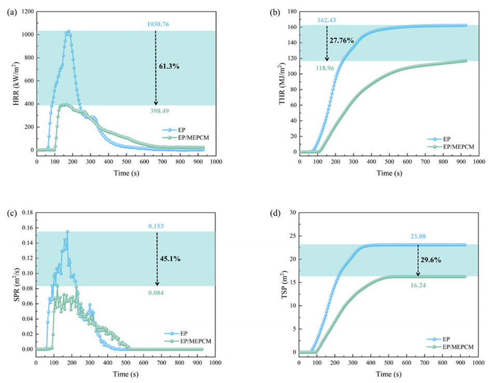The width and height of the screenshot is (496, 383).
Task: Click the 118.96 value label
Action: click(x=327, y=66)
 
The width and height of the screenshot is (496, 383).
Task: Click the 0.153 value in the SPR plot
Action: click(x=157, y=226)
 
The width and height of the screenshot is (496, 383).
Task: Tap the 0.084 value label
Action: click(x=157, y=293)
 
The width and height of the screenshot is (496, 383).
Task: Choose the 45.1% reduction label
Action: click(x=170, y=257)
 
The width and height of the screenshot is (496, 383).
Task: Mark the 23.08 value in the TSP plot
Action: click(x=418, y=237)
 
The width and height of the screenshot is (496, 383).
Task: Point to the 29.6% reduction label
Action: click(x=431, y=261)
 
